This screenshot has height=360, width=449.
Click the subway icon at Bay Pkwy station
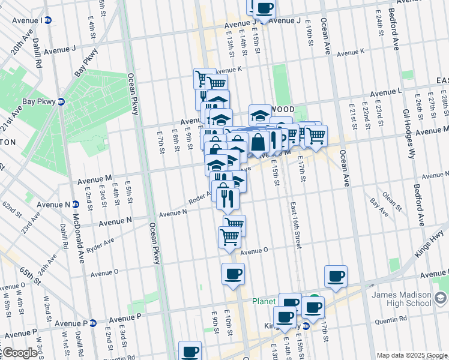pyautogui.click(x=61, y=101)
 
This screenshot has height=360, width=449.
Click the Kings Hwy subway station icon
pyautogui.click(x=306, y=326)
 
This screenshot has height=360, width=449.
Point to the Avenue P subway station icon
pyautogui.click(x=93, y=323)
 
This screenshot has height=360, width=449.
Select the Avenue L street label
pyautogui.click(x=386, y=93)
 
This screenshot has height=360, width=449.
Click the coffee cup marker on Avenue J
pyautogui.click(x=263, y=8)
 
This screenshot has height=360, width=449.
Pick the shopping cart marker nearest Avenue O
pyautogui.click(x=229, y=236)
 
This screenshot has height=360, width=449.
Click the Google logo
pyautogui.click(x=19, y=353)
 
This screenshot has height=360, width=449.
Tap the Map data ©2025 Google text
pyautogui.click(x=411, y=355)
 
